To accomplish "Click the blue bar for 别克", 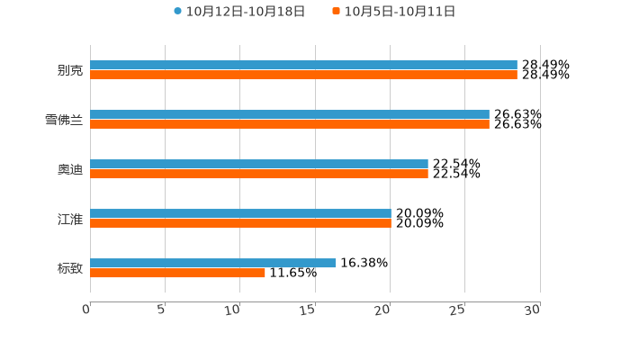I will (303, 65).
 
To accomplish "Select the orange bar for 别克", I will (303, 75).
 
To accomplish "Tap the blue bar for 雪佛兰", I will (290, 114).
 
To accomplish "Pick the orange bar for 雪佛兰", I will (290, 124).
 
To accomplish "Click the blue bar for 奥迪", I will (259, 164).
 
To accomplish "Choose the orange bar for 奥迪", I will (259, 174).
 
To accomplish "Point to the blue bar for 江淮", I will (240, 213).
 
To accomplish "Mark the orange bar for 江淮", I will (240, 223).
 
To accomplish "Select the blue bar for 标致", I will (212, 263).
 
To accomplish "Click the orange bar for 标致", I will (177, 273).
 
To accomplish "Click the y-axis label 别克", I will (69, 70).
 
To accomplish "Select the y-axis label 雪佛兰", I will (63, 120).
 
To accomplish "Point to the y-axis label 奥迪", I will (69, 169).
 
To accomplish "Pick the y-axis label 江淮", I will (69, 219).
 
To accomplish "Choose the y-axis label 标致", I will (69, 268).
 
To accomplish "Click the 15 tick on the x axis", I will (309, 310).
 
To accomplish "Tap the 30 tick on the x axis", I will (533, 310).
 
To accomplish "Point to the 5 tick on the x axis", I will (161, 310).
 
